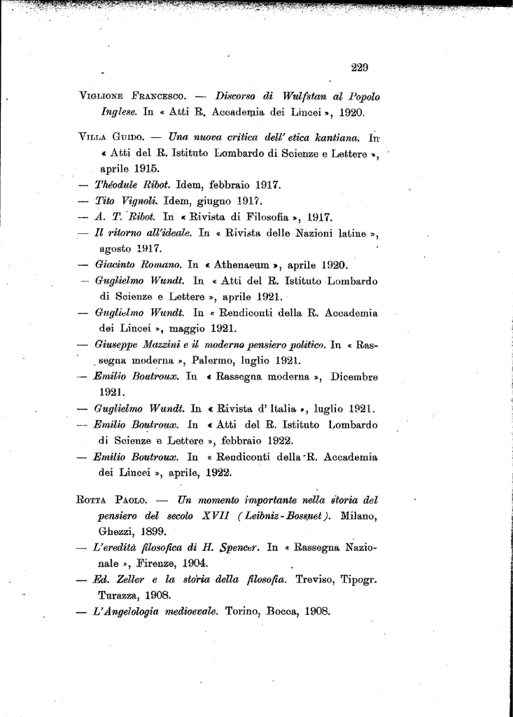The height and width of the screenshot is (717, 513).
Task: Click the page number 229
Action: pos(359,68)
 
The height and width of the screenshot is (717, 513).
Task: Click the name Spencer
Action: pos(237,548)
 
